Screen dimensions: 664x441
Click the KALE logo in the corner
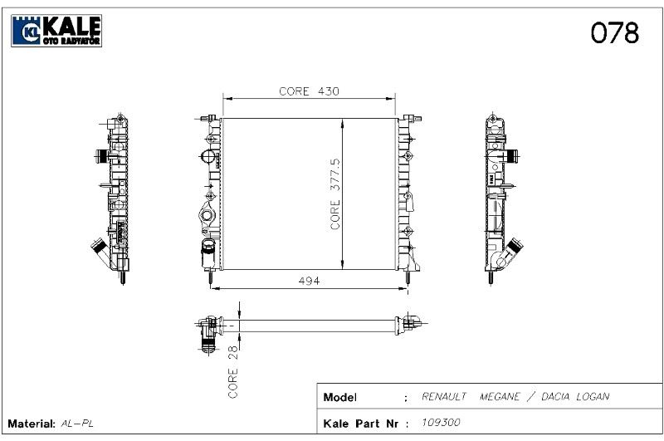[56, 31]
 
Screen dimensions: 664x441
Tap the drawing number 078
[614, 33]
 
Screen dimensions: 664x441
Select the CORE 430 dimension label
[309, 91]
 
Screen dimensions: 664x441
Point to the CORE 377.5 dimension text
[335, 194]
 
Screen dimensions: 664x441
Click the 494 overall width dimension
[309, 281]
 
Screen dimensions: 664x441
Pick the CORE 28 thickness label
[233, 371]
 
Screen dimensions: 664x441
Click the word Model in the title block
[340, 397]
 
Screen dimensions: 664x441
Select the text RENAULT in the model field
[444, 396]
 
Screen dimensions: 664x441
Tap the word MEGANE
[500, 396]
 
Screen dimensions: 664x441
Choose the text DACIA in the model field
[554, 396]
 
